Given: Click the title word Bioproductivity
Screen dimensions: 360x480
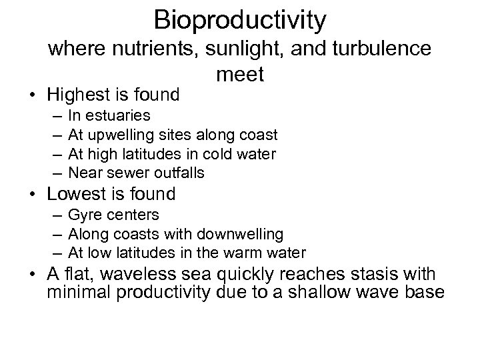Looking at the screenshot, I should [x=240, y=20].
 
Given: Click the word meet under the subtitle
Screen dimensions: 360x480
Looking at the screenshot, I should [x=240, y=74].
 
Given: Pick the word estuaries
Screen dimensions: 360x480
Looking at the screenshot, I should [x=119, y=117].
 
